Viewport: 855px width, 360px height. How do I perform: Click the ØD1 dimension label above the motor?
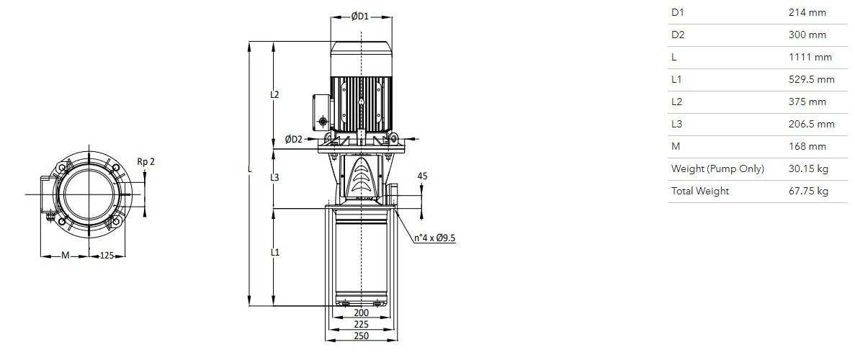click(x=360, y=17)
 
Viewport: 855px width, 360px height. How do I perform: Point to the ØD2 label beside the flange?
click(x=293, y=139)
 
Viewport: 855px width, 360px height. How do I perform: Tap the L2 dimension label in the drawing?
click(x=275, y=94)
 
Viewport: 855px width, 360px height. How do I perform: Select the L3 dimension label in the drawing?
click(x=275, y=177)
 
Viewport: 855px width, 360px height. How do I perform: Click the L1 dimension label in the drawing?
click(x=275, y=252)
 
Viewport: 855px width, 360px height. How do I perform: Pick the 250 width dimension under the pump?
click(x=362, y=336)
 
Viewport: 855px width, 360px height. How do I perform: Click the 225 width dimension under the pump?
click(x=362, y=325)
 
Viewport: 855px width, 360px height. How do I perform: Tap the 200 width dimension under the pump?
click(x=362, y=313)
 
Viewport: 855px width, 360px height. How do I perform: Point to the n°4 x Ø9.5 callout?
click(x=434, y=238)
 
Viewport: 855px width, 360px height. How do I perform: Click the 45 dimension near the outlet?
click(x=422, y=176)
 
